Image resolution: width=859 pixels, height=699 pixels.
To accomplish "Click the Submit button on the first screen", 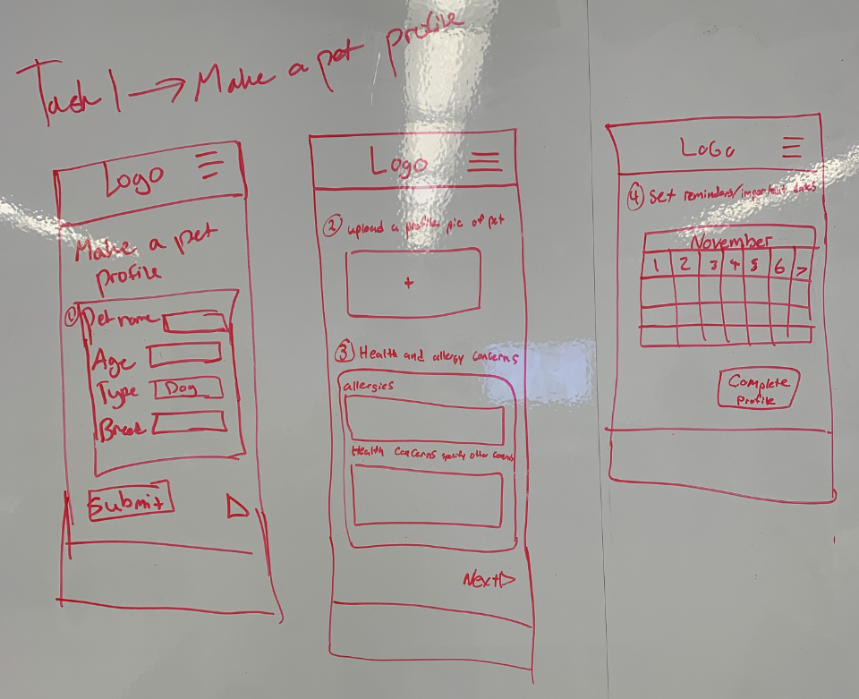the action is (x=131, y=503).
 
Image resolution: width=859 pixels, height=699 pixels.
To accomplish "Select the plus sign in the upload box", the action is (x=410, y=283).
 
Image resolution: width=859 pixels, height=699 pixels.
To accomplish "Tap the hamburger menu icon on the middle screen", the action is (x=484, y=159).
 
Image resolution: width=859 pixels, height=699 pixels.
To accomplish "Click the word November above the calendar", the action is (x=731, y=242).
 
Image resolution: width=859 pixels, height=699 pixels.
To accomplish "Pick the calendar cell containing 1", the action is (x=658, y=265).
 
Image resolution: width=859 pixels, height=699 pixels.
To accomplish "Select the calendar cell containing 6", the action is (x=778, y=266).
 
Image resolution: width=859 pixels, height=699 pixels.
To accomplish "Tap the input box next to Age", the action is (x=184, y=354).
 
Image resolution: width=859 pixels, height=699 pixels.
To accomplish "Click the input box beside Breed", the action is (x=189, y=422).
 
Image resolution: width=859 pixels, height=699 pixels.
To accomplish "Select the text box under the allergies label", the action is (x=425, y=422).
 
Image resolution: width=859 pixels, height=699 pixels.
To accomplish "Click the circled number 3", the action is (x=344, y=352).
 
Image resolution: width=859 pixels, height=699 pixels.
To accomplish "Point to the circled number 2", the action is (x=330, y=228).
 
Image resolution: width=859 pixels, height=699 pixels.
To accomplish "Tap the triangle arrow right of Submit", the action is (x=236, y=507).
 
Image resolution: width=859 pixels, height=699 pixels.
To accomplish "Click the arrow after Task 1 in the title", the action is (x=163, y=86).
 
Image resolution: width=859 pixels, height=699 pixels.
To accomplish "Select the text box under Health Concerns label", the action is (x=427, y=499).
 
